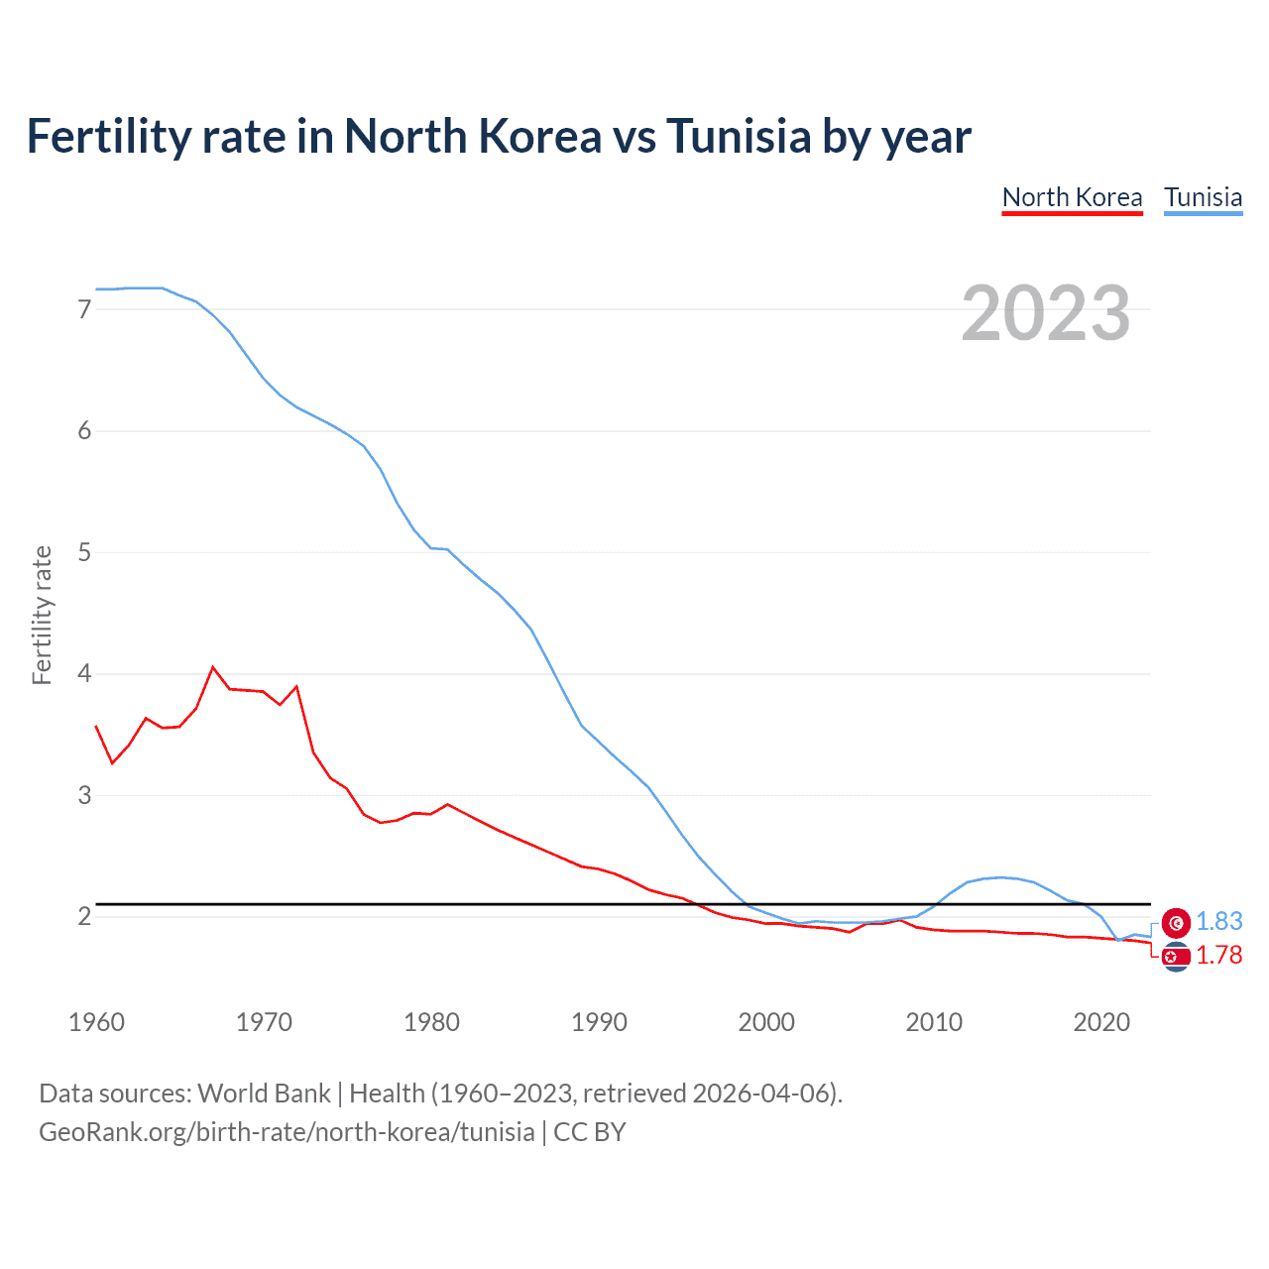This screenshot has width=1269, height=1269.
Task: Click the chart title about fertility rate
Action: click(499, 136)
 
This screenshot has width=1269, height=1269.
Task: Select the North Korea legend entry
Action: click(1072, 197)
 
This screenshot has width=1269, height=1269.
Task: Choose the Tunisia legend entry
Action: click(1203, 197)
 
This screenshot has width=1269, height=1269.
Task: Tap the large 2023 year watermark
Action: click(1045, 313)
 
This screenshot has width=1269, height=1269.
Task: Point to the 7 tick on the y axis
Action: click(84, 309)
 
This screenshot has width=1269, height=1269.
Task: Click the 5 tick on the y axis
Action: click(84, 552)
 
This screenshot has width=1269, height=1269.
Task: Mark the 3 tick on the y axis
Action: click(84, 795)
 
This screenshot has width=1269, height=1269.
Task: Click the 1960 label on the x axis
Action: click(96, 1022)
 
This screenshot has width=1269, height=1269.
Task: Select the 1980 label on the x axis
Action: click(431, 1022)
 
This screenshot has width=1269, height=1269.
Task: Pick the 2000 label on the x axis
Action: click(766, 1022)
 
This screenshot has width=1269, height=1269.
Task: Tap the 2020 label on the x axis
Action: click(1101, 1022)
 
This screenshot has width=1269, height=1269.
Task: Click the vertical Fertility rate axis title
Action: click(42, 615)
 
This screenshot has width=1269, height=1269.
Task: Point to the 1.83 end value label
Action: click(1218, 922)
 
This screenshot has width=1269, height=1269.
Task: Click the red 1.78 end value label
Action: click(1218, 956)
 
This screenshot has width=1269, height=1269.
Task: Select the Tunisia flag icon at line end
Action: click(1176, 923)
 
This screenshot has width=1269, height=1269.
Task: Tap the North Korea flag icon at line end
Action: click(1176, 957)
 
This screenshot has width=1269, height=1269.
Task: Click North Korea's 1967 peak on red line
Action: click(213, 667)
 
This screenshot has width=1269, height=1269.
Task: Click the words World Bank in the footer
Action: click(264, 1094)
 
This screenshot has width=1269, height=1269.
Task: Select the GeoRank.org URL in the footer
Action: click(287, 1132)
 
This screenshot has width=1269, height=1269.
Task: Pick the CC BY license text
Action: click(590, 1132)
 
